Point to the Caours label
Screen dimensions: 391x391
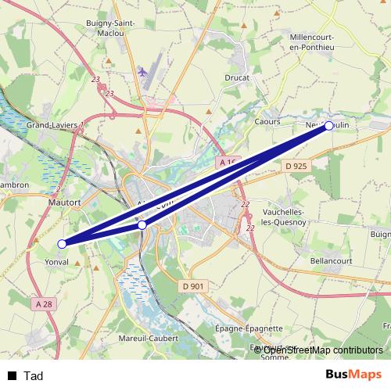click(267, 122)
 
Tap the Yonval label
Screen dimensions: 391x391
click(57, 263)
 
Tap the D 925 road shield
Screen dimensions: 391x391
click(296, 166)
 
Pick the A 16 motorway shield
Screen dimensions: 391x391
click(227, 162)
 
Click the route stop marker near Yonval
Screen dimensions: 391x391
click(63, 243)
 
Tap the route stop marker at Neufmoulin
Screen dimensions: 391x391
click(329, 126)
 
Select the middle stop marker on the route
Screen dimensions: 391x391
click(142, 225)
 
